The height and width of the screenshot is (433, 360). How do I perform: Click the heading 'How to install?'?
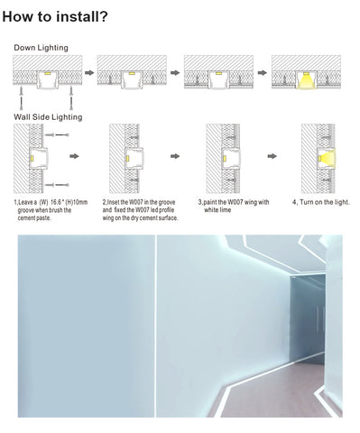click(55, 16)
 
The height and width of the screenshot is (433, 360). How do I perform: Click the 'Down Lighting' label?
click(41, 48)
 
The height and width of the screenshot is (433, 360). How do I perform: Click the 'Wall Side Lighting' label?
click(48, 117)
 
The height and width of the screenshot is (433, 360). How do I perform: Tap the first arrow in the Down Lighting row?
click(89, 72)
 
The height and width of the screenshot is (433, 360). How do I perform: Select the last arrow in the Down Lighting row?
click(263, 72)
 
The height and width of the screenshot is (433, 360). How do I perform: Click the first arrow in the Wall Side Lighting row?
click(74, 156)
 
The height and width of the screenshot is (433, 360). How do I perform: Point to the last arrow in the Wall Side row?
click(272, 156)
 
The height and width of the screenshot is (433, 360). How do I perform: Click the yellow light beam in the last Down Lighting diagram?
click(306, 81)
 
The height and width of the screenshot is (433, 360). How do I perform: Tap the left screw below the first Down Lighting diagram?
click(22, 98)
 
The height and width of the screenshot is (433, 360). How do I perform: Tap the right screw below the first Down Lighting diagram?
click(71, 98)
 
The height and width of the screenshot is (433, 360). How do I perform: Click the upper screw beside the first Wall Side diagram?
click(57, 135)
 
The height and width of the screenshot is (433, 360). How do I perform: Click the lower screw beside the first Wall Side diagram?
click(57, 185)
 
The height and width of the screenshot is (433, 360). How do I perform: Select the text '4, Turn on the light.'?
click(321, 202)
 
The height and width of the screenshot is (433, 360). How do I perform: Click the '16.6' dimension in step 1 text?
click(55, 202)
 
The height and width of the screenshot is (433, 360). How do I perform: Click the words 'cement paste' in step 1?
click(34, 218)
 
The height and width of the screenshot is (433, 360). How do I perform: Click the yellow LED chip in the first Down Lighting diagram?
click(48, 73)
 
